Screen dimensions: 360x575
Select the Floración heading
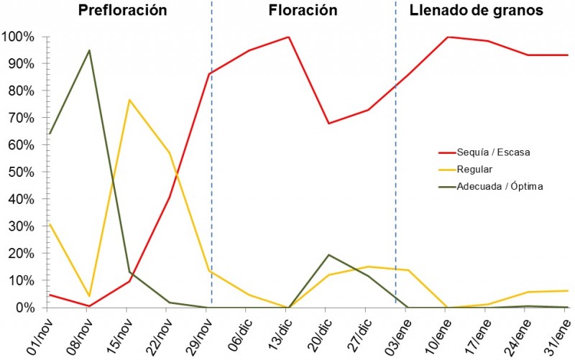(303, 11)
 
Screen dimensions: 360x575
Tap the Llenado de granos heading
(476, 11)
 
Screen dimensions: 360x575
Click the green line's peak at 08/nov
(89, 50)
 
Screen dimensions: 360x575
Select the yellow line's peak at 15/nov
(129, 100)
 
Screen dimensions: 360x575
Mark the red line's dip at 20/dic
(328, 124)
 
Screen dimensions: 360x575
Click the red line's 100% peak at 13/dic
(288, 37)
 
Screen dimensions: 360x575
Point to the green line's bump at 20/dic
(328, 255)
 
